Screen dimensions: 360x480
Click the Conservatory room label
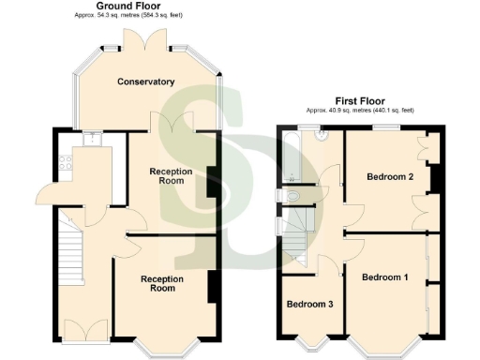coord(145,82)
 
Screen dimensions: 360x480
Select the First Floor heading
coord(359,99)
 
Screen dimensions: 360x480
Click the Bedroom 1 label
coord(385,277)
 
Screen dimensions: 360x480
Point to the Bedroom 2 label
coord(390,176)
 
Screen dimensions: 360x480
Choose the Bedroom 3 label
coord(309,305)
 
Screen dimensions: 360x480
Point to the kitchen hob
coord(65,165)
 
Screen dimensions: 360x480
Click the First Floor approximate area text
coord(359,110)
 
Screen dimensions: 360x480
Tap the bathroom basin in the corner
coord(322,136)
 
